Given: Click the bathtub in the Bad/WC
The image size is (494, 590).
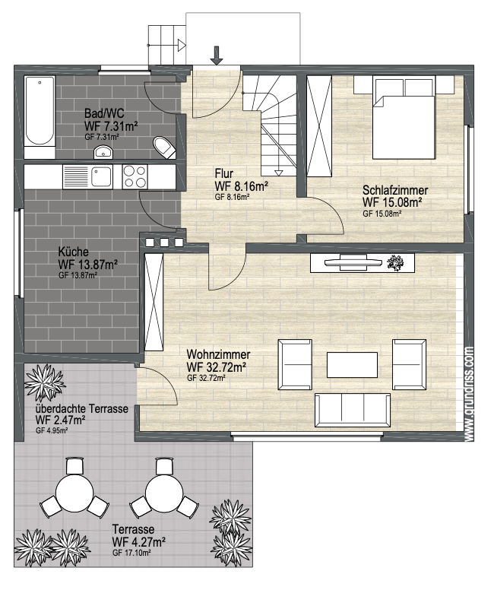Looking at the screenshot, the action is coord(40,117).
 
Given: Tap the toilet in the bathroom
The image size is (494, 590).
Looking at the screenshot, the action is coord(165,147).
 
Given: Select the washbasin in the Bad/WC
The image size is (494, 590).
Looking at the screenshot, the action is coord(103,152).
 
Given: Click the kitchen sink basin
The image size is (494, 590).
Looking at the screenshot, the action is coord(102,176).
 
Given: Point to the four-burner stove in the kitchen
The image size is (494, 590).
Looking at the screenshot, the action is coord(135,177).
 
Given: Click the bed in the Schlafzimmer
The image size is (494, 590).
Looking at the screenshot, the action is coord(404,117).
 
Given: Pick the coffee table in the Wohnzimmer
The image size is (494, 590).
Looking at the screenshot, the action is coord(352,365).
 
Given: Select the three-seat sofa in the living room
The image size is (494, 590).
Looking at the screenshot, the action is coord(353,411).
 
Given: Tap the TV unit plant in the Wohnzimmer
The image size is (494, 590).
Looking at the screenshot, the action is coord(395,262).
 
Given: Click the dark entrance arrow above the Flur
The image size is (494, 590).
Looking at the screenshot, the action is coord(217,56).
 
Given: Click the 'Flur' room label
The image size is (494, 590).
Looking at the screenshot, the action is coord(224,174).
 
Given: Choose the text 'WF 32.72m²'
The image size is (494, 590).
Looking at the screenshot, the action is coord(217,366).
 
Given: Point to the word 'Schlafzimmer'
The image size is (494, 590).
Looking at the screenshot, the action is coord(395,189).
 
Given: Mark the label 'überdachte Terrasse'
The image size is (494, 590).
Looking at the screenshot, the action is coord(81,408).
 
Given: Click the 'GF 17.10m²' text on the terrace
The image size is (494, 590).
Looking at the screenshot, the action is coord(131,553).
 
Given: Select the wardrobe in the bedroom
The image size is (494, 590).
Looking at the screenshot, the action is coord(319,126).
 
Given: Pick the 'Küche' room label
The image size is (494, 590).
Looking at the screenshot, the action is coord(74,252).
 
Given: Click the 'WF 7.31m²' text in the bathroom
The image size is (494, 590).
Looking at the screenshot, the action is coord(111,126).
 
